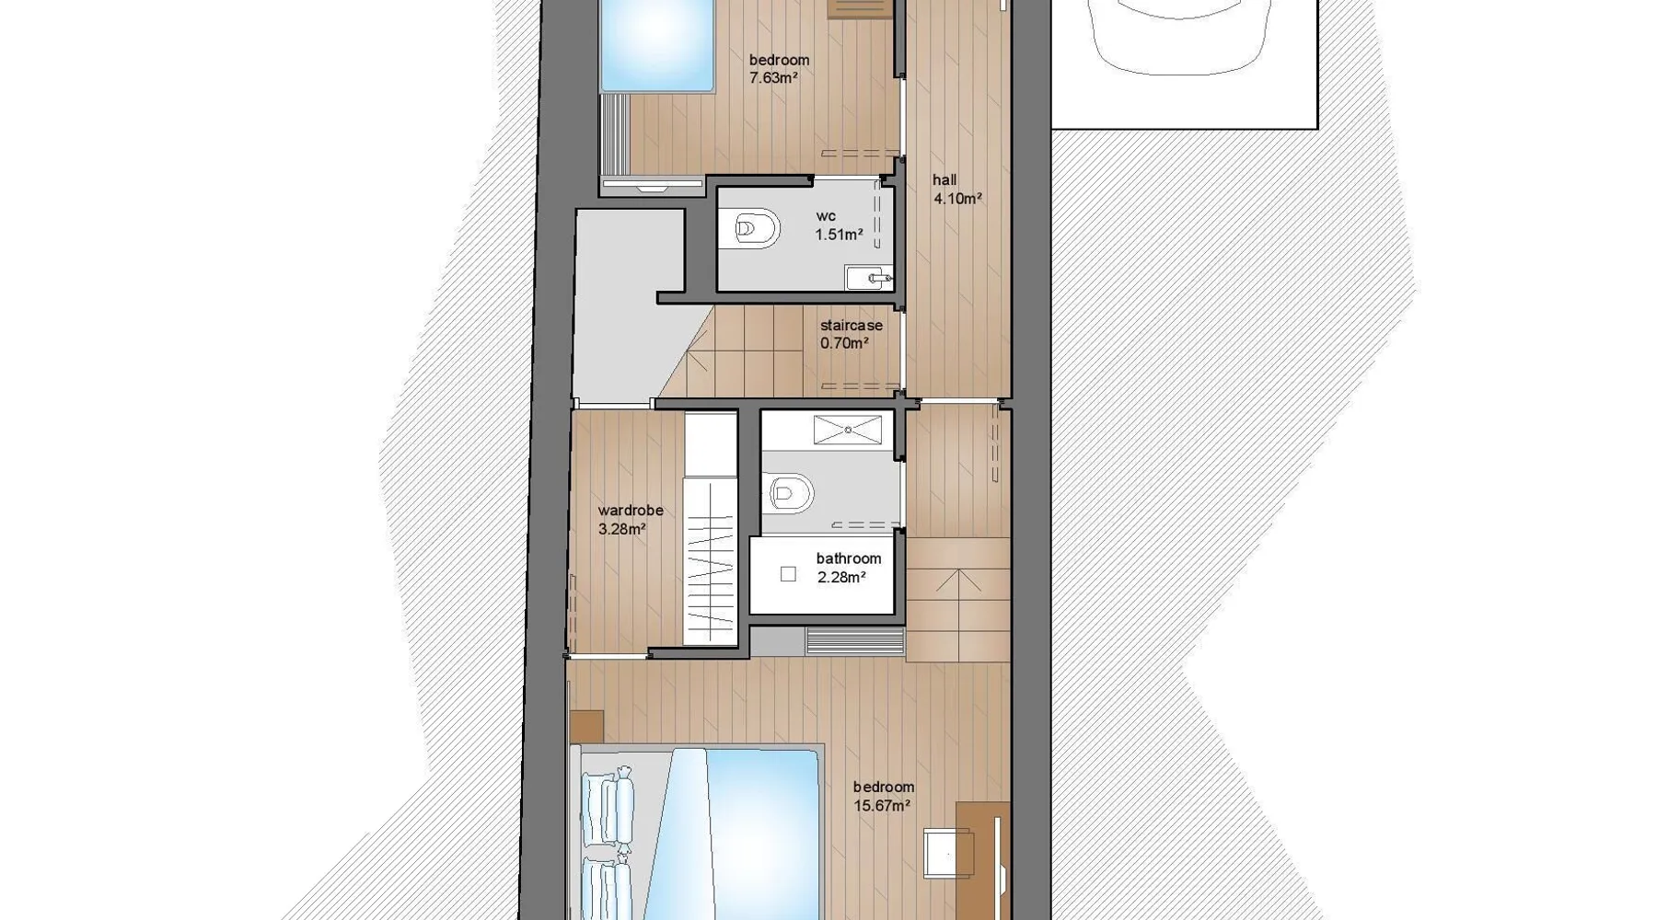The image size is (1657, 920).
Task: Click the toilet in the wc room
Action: point(757,228)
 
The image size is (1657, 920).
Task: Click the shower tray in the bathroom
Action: point(848,430)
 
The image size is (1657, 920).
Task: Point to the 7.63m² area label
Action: point(773,78)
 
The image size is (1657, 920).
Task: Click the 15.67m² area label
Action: point(882,806)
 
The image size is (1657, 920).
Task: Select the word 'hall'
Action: point(944,180)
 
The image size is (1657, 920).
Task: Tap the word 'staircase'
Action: point(852,326)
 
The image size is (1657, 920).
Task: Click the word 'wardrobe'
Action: point(631,511)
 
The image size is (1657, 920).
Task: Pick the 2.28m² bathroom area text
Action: point(841,578)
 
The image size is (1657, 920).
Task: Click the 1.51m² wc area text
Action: point(839,235)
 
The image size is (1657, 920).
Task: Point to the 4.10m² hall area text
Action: point(957,198)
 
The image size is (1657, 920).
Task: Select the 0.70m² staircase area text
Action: point(845,343)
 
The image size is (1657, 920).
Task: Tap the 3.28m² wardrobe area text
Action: point(622,529)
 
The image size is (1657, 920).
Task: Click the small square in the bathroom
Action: point(788,574)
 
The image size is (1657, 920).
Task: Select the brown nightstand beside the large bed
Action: point(587,727)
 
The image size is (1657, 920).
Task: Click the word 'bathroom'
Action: point(849,558)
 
